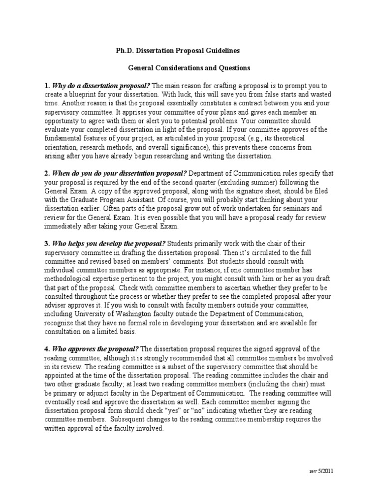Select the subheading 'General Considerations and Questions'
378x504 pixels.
pyautogui.click(x=186, y=68)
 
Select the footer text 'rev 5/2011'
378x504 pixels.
pyautogui.click(x=320, y=471)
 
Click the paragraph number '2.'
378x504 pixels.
pyautogui.click(x=47, y=173)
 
